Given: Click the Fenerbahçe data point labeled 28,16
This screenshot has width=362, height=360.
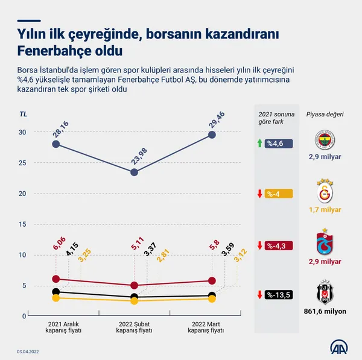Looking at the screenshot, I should pyautogui.click(x=56, y=144).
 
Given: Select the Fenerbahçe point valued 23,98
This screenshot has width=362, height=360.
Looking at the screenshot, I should pyautogui.click(x=135, y=172).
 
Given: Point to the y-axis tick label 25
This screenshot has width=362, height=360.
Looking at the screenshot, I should pyautogui.click(x=22, y=163).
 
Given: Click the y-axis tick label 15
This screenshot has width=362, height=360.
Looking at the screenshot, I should pyautogui.click(x=22, y=224).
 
